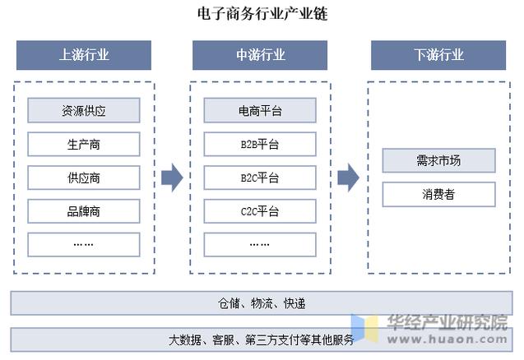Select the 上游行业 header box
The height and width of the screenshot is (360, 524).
pyautogui.click(x=84, y=55)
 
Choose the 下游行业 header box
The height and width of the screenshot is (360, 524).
pyautogui.click(x=438, y=55)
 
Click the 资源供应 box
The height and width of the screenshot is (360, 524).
pyautogui.click(x=84, y=110)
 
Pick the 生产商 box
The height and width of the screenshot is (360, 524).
pyautogui.click(x=84, y=144)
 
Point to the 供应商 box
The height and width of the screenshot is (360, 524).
pyautogui.click(x=84, y=178)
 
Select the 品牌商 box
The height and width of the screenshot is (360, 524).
pyautogui.click(x=84, y=211)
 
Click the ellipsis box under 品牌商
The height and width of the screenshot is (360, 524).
pyautogui.click(x=84, y=244)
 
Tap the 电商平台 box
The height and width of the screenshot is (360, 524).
pyautogui.click(x=260, y=110)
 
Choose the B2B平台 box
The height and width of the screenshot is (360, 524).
pyautogui.click(x=260, y=144)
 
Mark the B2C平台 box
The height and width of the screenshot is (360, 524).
pyautogui.click(x=260, y=178)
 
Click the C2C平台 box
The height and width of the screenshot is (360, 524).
pyautogui.click(x=260, y=211)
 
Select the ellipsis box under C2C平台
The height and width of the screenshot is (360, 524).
pyautogui.click(x=260, y=244)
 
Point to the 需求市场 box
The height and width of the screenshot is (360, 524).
pyautogui.click(x=438, y=160)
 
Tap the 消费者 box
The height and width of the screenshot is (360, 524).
pyautogui.click(x=438, y=194)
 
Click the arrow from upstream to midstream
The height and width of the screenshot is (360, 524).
pyautogui.click(x=172, y=177)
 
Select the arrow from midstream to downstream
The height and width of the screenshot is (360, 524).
pyautogui.click(x=349, y=177)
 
